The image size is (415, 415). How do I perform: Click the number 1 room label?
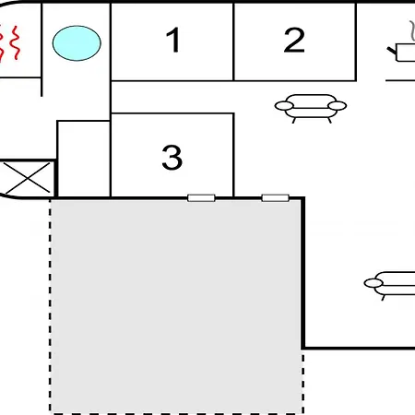click(x=173, y=40)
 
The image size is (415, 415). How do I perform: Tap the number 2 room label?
click(x=294, y=40)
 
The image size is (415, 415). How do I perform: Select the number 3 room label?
click(x=172, y=157)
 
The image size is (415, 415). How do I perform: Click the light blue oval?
click(x=77, y=43)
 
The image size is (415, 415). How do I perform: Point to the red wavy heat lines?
click(x=10, y=43)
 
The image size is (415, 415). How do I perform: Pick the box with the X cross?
click(x=27, y=178)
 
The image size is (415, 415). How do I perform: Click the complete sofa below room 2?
click(x=311, y=108)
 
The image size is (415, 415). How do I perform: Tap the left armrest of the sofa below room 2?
click(x=284, y=106)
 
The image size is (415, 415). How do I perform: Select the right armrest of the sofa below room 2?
click(x=338, y=106)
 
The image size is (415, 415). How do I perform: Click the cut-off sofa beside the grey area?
click(x=389, y=285)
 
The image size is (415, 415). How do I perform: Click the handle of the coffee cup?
click(x=392, y=50)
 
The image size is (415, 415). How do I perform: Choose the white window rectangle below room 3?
click(x=201, y=198)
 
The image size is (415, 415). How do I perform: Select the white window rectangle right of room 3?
click(x=275, y=198)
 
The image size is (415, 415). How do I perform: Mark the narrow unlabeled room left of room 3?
click(x=84, y=159)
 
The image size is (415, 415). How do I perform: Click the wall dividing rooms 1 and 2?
click(x=233, y=41)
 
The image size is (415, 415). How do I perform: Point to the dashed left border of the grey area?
click(x=50, y=306)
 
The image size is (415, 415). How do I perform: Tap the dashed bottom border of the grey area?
click(x=177, y=413)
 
